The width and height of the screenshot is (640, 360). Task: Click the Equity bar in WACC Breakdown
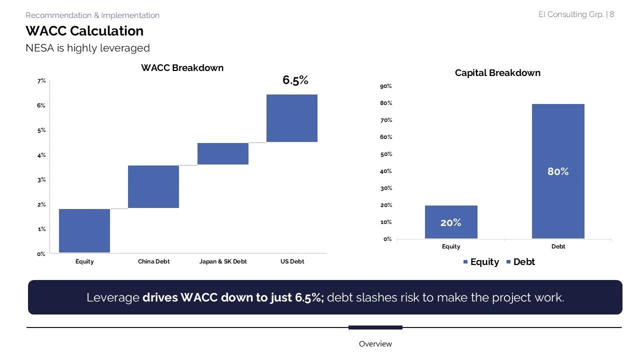(84, 230)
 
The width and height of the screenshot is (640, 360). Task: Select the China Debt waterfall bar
(153, 186)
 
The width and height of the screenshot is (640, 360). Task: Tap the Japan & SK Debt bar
(223, 153)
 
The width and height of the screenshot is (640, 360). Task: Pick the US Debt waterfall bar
(292, 118)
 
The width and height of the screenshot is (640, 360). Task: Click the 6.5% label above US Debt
(295, 80)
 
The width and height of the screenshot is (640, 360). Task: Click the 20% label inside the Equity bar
(451, 223)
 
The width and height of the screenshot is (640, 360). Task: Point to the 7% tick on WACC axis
(41, 80)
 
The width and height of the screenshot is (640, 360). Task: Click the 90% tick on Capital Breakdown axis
(386, 86)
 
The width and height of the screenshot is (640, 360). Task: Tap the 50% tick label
(386, 154)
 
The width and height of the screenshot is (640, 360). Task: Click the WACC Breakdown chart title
(182, 68)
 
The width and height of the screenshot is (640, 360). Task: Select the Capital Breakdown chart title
(497, 73)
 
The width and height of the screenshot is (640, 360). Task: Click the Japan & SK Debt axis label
(223, 261)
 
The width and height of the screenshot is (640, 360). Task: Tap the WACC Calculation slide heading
(84, 31)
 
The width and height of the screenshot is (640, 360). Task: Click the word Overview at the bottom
(375, 344)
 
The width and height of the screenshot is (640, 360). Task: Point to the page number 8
(612, 14)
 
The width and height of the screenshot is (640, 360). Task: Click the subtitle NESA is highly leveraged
(87, 48)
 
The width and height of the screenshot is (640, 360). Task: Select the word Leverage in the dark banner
(112, 297)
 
